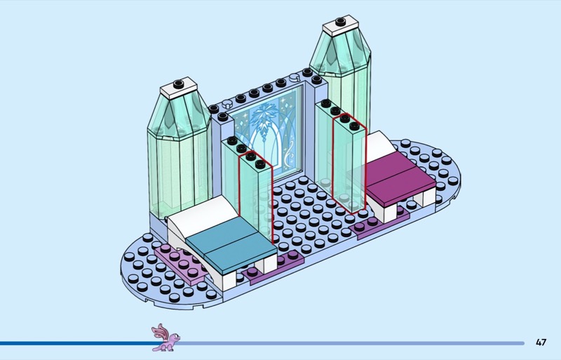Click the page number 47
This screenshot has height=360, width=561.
point(541,342)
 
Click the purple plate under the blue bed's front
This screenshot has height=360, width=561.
point(270,274)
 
